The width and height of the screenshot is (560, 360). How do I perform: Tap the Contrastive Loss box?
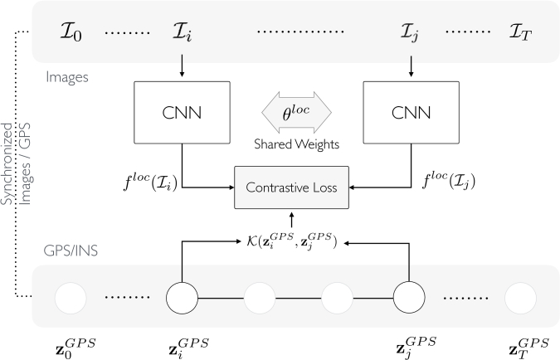(x=291, y=187)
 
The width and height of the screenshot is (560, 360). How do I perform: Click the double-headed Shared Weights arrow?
(x=296, y=112)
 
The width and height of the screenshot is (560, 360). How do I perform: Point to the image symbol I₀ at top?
(x=71, y=32)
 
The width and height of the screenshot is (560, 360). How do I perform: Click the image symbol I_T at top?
(x=520, y=32)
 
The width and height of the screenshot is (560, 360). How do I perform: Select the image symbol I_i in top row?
(x=183, y=32)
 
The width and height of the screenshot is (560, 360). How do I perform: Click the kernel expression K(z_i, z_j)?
(x=291, y=241)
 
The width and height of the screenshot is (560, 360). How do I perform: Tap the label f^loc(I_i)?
(x=150, y=182)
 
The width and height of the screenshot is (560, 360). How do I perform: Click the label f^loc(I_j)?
(x=449, y=181)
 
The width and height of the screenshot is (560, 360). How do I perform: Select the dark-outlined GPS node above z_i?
(x=183, y=298)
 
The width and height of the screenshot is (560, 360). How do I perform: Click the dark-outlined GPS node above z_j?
(x=409, y=297)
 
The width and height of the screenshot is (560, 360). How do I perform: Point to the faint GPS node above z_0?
(x=71, y=299)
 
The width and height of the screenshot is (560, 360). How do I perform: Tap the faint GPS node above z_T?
(x=521, y=299)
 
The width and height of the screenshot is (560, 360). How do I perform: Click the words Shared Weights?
(x=296, y=144)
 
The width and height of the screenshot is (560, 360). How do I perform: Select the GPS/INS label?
(x=71, y=251)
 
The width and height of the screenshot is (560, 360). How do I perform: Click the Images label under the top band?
(x=67, y=77)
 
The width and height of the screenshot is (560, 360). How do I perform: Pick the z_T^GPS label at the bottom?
(x=529, y=348)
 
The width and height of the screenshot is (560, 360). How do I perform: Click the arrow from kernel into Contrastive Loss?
(x=292, y=220)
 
